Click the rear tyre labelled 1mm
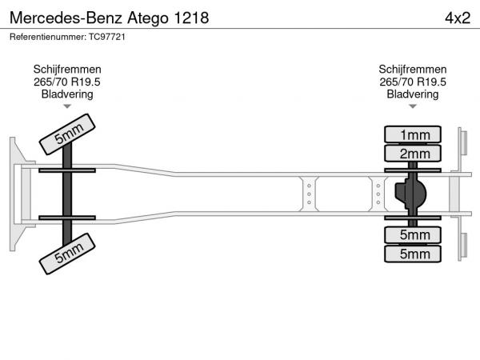(413, 134)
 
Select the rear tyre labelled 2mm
(413, 154)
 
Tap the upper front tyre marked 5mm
(67, 134)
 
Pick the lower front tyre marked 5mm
(67, 254)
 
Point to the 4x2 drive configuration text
(458, 18)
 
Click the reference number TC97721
(107, 37)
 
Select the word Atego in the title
(148, 18)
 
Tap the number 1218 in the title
(191, 18)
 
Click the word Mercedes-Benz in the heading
(66, 18)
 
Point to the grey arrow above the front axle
(67, 106)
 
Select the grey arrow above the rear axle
(413, 106)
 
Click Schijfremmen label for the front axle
(67, 70)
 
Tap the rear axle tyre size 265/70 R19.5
(413, 82)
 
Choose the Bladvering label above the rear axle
(413, 94)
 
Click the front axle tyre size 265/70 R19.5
(67, 82)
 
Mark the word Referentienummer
(48, 37)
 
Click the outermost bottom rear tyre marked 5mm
(413, 254)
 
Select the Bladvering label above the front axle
(67, 94)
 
